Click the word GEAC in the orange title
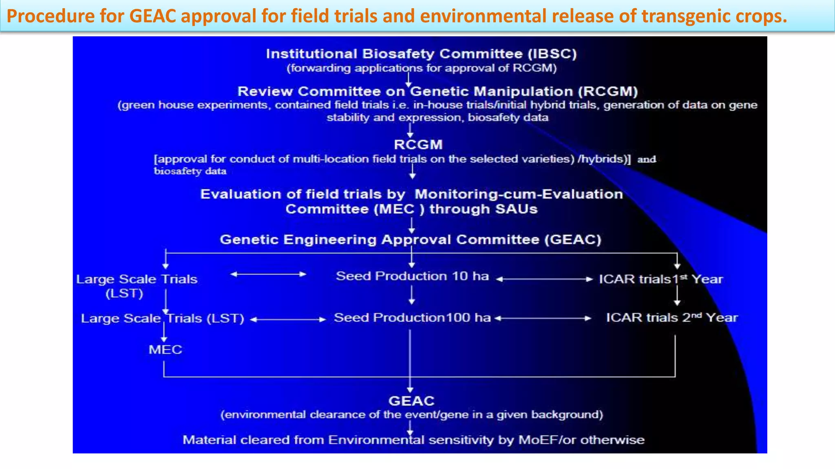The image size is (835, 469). coord(153,16)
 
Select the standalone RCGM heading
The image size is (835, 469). coord(418,145)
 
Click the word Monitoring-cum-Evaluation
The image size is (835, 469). coord(519,194)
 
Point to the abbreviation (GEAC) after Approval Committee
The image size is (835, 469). coord(573,239)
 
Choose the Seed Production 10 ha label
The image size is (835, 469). coord(412,276)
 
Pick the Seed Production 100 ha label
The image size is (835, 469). coord(412,318)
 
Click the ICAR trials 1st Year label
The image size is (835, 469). coord(660,279)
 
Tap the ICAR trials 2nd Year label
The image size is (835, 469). coord(672,318)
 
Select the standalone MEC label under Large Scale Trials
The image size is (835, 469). coord(165,349)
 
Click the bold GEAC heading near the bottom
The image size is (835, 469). coord(411,401)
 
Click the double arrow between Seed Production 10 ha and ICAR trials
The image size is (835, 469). coord(544,279)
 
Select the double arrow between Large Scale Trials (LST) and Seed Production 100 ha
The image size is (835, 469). coord(288,320)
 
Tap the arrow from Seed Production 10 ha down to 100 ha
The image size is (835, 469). coord(411,295)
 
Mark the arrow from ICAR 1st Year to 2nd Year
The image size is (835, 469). coord(677,296)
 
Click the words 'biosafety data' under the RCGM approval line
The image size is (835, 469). coord(190,171)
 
